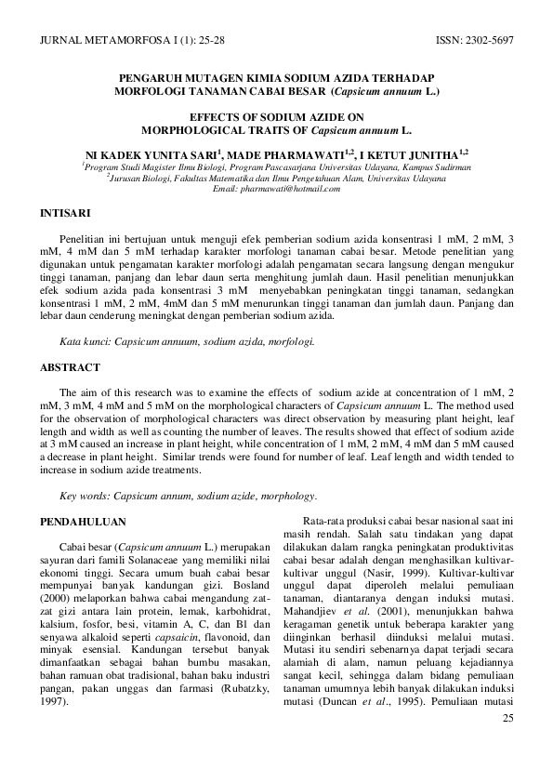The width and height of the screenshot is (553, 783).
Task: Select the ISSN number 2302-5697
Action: coord(487,42)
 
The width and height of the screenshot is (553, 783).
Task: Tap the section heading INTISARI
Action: coord(65,213)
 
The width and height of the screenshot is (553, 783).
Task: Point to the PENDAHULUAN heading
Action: coord(83,522)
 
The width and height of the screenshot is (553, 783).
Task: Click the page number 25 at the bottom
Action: coord(507,719)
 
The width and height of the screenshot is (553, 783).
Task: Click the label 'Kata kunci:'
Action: coord(85,342)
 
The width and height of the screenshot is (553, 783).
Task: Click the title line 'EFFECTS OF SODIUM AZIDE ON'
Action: coord(276,119)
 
